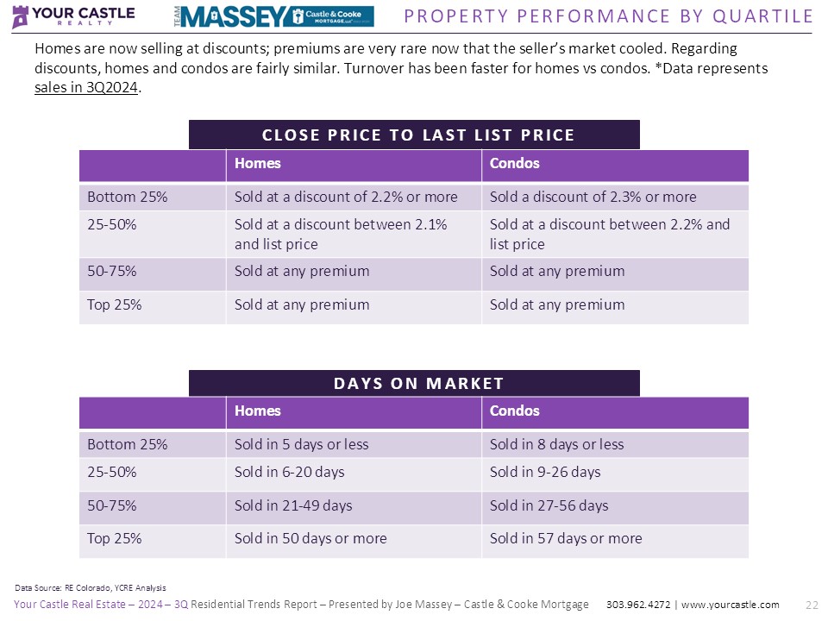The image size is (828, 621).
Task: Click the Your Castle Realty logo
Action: point(72,16)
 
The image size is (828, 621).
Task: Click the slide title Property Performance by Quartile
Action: point(608,16)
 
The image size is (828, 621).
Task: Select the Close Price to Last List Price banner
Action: point(414,135)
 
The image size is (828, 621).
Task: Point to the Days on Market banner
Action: point(414,383)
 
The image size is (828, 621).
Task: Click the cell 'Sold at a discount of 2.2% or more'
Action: point(346,197)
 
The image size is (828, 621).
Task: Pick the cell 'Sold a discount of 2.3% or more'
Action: point(593,197)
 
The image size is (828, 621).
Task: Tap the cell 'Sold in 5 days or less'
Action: point(301,444)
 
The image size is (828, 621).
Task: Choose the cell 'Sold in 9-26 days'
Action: point(545,472)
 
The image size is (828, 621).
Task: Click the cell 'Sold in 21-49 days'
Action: point(293,505)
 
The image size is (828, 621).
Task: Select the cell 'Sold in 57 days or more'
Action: point(566,538)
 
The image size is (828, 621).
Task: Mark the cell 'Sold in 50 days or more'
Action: point(310,538)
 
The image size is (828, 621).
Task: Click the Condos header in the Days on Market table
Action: point(514,411)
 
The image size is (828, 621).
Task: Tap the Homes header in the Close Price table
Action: point(257,163)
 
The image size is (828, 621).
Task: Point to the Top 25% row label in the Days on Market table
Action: point(114,538)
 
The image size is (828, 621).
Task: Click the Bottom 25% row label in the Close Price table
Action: point(127,197)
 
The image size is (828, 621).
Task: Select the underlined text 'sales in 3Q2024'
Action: point(86,86)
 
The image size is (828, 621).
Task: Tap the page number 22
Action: point(811,605)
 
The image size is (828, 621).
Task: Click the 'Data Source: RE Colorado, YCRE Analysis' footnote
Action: point(91,587)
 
